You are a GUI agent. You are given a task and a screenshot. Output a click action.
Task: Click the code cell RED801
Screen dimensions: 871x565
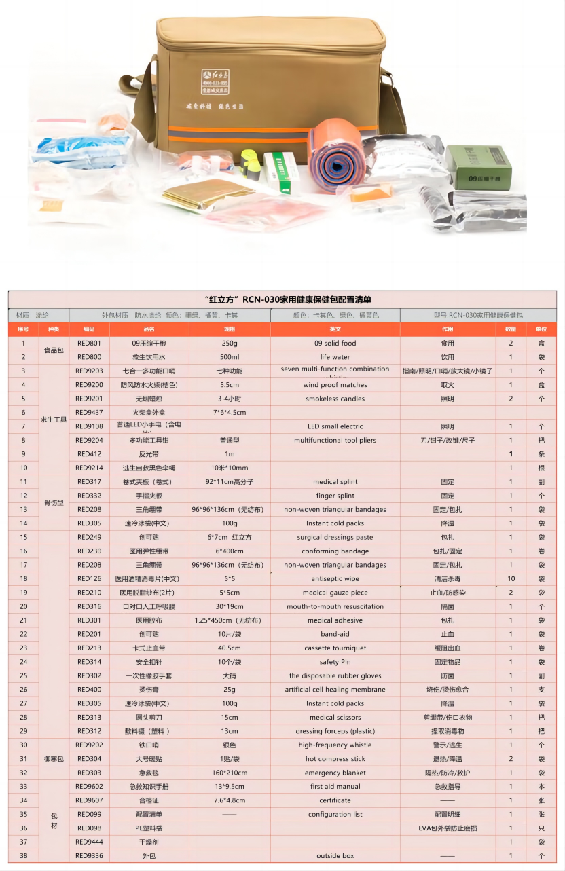click(x=89, y=344)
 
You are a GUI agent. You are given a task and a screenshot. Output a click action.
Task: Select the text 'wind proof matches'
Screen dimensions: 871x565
click(x=335, y=385)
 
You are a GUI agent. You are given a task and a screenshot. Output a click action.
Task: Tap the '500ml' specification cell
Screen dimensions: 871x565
click(x=230, y=357)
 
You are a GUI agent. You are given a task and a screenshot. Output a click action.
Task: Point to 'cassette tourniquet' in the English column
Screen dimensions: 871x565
click(x=335, y=648)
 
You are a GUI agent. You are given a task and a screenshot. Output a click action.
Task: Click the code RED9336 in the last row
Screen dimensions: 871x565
click(x=89, y=856)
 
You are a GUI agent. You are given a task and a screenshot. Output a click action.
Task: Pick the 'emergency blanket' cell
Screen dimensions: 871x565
click(x=335, y=773)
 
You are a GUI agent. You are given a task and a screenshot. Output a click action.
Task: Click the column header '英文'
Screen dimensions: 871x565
click(x=335, y=329)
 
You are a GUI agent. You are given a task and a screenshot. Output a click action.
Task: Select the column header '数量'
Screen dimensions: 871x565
click(x=510, y=329)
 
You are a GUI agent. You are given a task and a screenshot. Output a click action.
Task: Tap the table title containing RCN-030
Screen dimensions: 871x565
click(x=282, y=299)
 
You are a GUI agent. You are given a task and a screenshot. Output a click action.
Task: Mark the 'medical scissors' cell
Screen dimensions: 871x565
click(x=335, y=718)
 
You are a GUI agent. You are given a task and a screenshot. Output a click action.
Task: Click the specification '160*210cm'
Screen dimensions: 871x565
click(x=230, y=773)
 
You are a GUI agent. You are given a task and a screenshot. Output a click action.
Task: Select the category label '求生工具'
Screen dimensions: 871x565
click(x=54, y=420)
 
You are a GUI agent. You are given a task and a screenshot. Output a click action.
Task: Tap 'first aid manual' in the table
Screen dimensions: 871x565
click(x=335, y=787)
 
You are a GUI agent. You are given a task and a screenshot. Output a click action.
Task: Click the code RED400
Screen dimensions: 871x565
click(x=89, y=690)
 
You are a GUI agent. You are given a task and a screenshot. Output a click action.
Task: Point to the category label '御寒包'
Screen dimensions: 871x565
click(x=54, y=759)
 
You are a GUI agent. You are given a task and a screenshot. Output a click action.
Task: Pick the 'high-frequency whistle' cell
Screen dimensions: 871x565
click(x=335, y=745)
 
